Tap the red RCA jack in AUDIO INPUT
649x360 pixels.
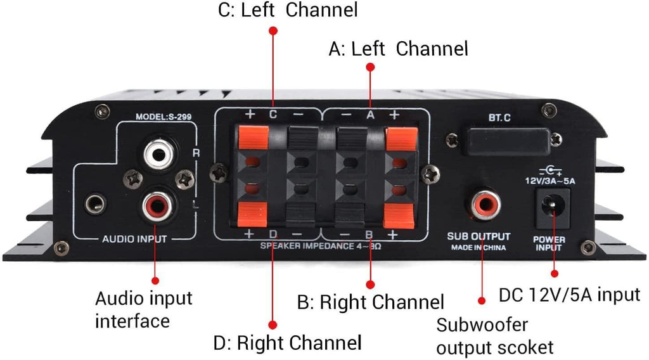(x=157, y=205)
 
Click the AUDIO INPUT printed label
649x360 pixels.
(x=134, y=240)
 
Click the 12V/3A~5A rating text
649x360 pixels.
(x=550, y=181)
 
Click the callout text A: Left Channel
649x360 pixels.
(x=398, y=48)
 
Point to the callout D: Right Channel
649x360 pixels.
(x=287, y=343)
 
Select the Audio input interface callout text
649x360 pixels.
(x=143, y=309)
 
